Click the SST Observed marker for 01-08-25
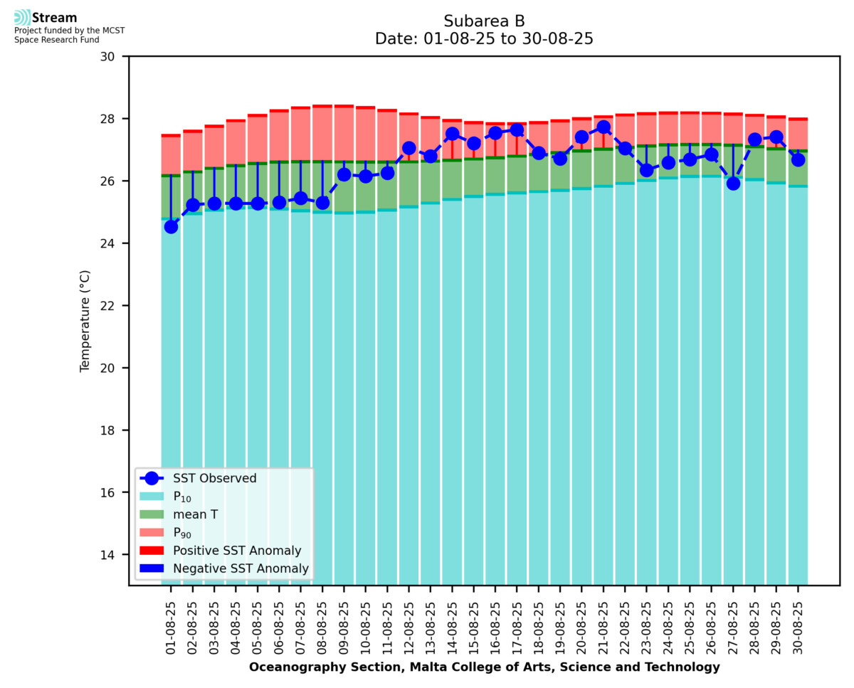[171, 226]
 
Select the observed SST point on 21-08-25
[603, 127]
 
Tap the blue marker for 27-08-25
[733, 183]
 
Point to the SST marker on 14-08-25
[452, 134]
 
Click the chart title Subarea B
[484, 21]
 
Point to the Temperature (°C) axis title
[85, 320]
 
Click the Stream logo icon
[22, 18]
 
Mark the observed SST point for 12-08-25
[408, 148]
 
